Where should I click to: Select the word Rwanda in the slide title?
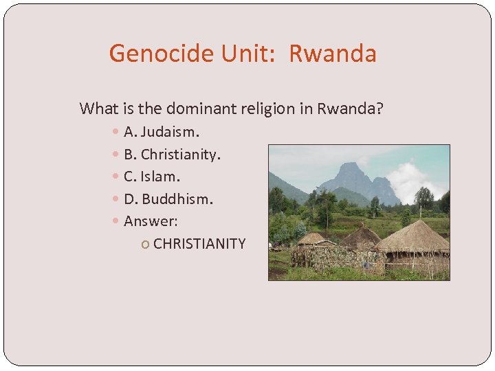(333, 54)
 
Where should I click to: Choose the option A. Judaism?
(161, 131)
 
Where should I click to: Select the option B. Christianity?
(172, 154)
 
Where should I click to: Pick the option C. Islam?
(151, 177)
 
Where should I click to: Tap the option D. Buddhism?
(168, 199)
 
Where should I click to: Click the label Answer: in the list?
(151, 221)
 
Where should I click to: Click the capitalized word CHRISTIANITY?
(199, 244)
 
